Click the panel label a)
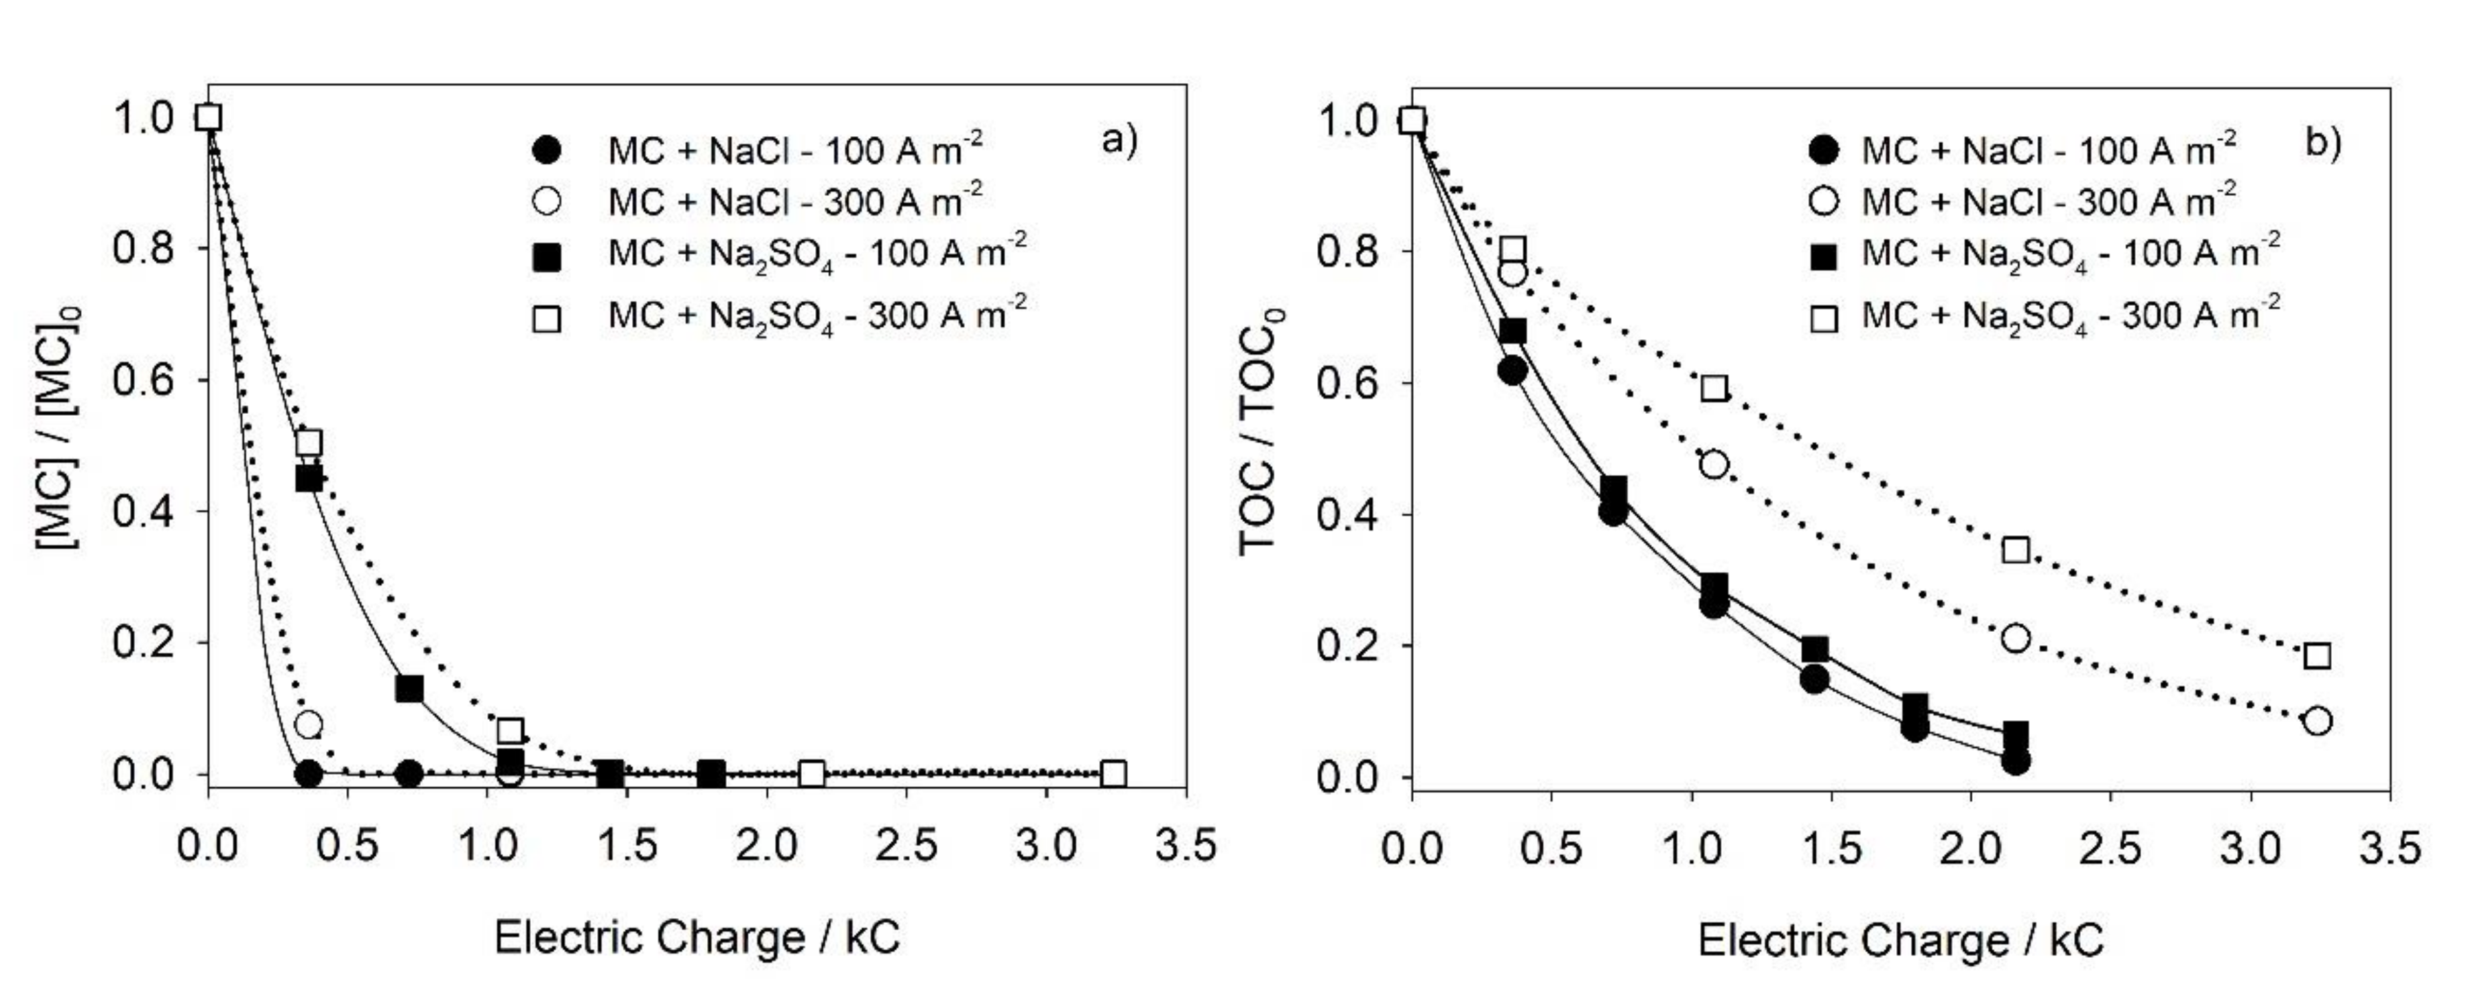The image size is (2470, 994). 1118,141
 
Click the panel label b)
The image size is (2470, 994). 2322,143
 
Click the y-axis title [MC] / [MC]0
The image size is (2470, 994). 60,429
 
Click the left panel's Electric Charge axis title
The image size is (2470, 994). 697,936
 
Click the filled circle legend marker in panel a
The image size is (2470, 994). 547,150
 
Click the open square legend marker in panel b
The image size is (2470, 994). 1822,317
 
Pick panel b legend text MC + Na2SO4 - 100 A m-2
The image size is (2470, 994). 2070,255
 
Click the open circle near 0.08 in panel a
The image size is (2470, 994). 308,724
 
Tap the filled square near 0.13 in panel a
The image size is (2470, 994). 409,688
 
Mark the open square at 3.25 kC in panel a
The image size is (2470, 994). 1113,773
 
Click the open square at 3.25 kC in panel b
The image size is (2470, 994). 2316,656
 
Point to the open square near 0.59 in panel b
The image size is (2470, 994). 1714,388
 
